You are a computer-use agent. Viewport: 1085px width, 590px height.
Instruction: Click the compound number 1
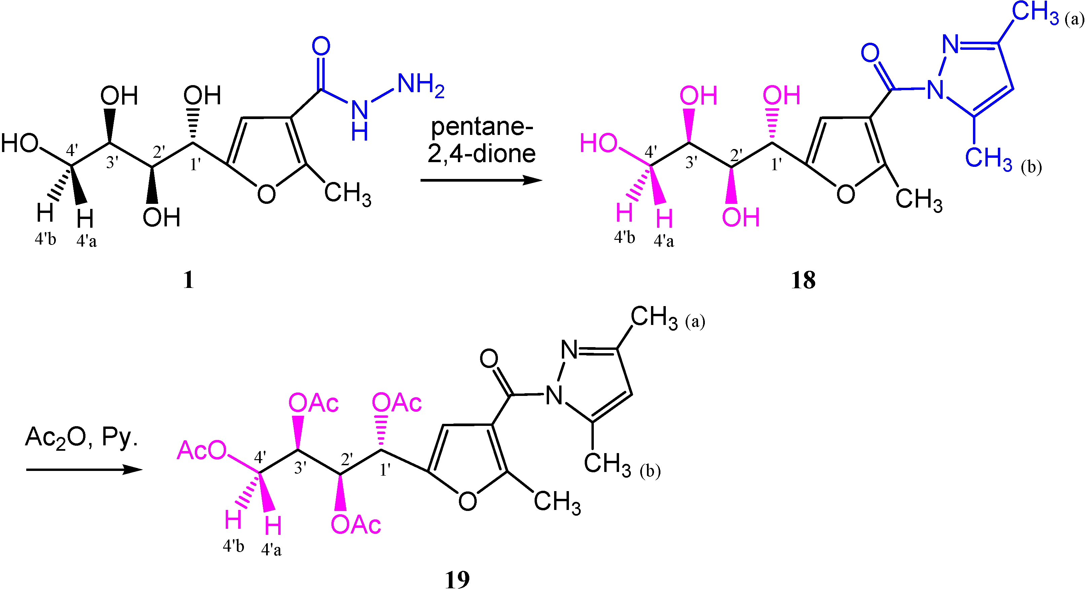pyautogui.click(x=188, y=280)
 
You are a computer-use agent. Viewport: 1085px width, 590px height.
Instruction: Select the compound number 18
pyautogui.click(x=803, y=280)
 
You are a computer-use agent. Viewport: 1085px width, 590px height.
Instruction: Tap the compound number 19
pyautogui.click(x=457, y=580)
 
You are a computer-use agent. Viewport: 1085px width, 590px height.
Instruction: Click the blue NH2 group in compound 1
pyautogui.click(x=420, y=84)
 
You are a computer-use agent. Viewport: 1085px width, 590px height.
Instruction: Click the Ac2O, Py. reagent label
pyautogui.click(x=81, y=438)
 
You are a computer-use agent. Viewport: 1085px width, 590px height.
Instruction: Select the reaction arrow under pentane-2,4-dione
pyautogui.click(x=480, y=181)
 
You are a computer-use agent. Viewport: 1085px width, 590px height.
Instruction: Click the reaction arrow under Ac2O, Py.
pyautogui.click(x=84, y=470)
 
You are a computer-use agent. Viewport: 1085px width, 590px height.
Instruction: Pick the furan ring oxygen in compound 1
pyautogui.click(x=266, y=194)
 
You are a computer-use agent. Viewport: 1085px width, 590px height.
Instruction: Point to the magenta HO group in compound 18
pyautogui.click(x=599, y=143)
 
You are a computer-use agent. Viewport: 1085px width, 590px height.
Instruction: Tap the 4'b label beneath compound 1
pyautogui.click(x=45, y=239)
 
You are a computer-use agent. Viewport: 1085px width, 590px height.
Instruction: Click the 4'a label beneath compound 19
pyautogui.click(x=271, y=550)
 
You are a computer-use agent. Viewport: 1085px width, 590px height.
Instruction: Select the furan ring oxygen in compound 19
pyautogui.click(x=468, y=501)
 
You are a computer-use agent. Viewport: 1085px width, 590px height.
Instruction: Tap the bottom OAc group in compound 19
pyautogui.click(x=356, y=525)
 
